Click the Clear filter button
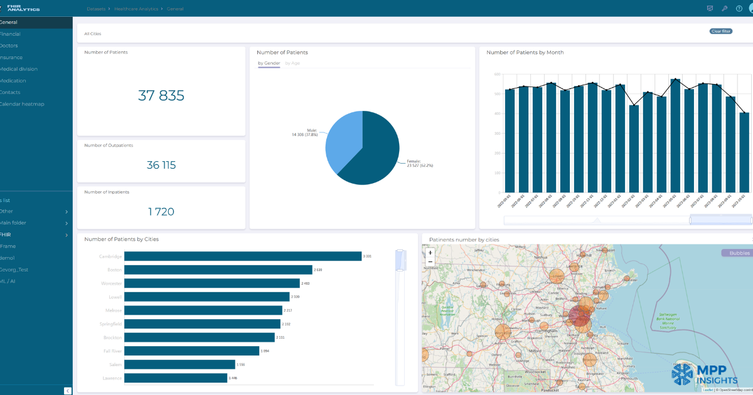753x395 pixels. [720, 31]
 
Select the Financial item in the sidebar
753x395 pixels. [10, 34]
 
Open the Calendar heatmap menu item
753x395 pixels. [22, 104]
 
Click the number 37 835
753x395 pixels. [161, 95]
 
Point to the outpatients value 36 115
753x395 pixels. [161, 165]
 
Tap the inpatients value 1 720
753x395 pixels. [161, 212]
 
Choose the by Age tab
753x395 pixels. [292, 63]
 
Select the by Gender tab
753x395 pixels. [269, 63]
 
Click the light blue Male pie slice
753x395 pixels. [342, 141]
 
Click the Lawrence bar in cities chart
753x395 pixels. [176, 378]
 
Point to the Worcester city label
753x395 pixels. [110, 283]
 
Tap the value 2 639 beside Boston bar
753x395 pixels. [318, 270]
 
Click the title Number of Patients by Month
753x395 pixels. [525, 53]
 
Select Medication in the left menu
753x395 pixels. [13, 81]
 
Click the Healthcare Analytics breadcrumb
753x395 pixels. [136, 9]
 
